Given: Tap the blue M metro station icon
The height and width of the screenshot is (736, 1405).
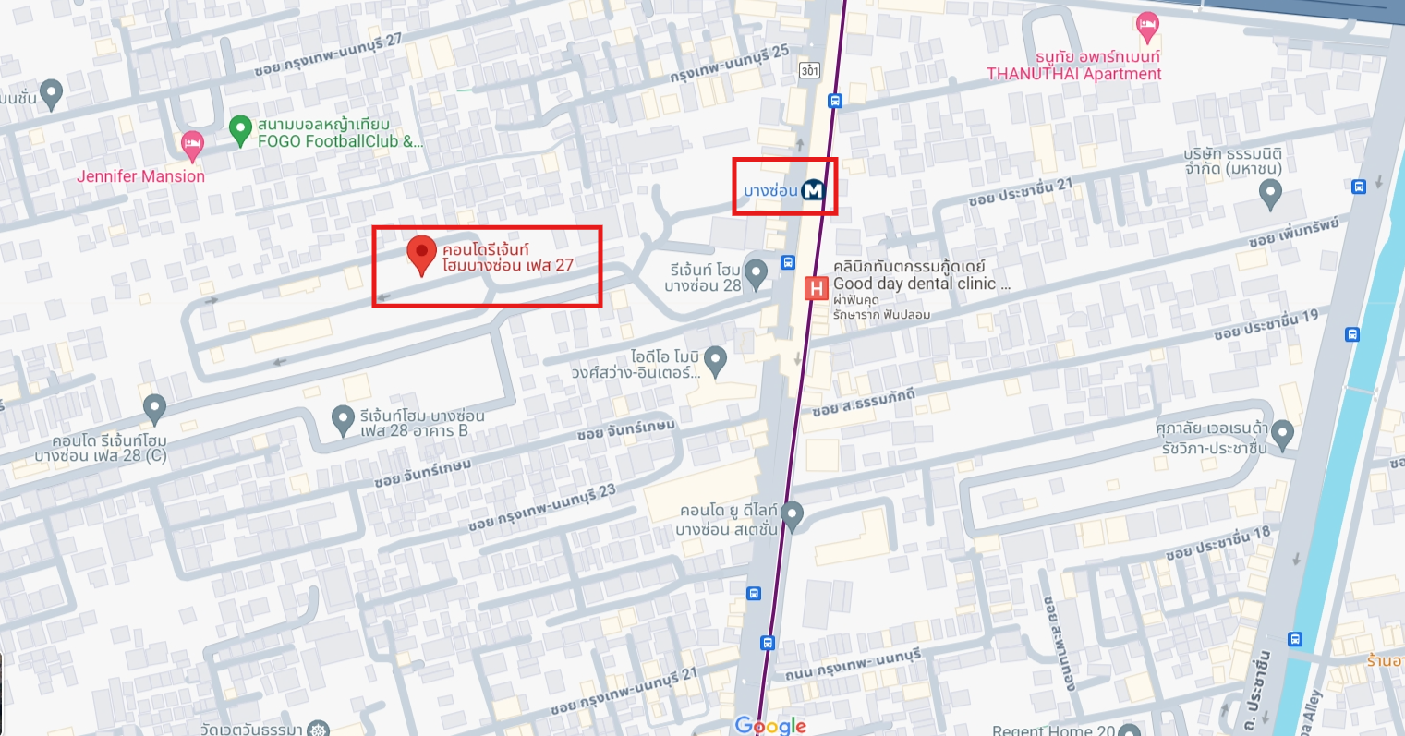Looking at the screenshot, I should click(813, 190).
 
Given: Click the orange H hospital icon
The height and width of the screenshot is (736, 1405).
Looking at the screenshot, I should click(817, 289).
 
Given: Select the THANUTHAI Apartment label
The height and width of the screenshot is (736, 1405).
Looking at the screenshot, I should click(1074, 74).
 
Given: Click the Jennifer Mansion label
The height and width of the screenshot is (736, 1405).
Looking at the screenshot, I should click(140, 175).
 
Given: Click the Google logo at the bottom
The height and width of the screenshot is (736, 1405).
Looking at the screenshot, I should click(770, 725).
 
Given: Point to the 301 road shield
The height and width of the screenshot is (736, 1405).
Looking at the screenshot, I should click(810, 70).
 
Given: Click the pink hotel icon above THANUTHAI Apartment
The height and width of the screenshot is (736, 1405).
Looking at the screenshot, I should click(1147, 26).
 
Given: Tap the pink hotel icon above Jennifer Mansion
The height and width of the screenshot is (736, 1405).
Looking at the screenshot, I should click(192, 143).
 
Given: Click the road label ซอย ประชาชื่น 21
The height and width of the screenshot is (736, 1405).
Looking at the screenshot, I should click(1021, 191).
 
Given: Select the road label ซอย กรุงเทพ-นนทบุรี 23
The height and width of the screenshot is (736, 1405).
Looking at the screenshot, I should click(541, 507).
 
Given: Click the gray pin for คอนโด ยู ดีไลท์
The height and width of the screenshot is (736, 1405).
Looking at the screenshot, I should click(792, 513).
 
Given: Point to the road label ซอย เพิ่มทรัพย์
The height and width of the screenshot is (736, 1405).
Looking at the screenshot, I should click(1293, 232).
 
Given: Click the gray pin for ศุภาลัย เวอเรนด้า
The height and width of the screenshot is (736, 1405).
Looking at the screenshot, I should click(1282, 432).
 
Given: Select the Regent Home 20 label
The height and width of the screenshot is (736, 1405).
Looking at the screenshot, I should click(1054, 730).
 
